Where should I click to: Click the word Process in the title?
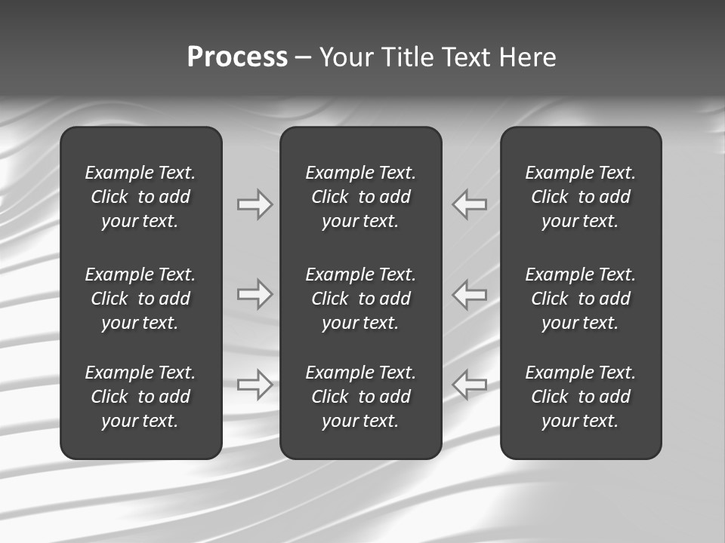(x=237, y=57)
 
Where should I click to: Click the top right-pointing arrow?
(x=255, y=204)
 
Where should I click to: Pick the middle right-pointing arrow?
(x=255, y=294)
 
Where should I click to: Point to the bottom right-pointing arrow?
(x=255, y=384)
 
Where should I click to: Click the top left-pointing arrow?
(x=470, y=204)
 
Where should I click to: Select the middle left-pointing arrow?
(x=470, y=294)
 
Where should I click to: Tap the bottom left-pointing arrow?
(x=470, y=384)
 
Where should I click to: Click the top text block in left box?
(x=140, y=197)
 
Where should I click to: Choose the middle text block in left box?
(x=140, y=299)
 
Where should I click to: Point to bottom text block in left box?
(x=140, y=397)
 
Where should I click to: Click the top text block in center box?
(x=360, y=197)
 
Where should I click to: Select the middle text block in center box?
(x=360, y=299)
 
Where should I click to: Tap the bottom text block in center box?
(x=360, y=397)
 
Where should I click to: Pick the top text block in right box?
(x=580, y=197)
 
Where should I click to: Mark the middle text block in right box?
(x=580, y=299)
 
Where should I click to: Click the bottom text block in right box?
(x=580, y=397)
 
